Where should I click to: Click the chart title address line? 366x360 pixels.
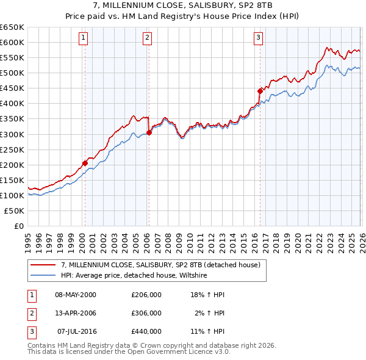(182, 5)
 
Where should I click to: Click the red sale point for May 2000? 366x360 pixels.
(85, 163)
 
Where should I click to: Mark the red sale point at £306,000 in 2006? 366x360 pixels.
(149, 132)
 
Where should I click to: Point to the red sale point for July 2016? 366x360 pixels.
(260, 91)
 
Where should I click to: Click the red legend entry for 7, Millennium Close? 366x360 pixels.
(161, 265)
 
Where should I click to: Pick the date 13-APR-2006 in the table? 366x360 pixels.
(76, 313)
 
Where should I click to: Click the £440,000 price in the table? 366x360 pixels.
(146, 331)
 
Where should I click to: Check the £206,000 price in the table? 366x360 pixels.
(146, 295)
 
